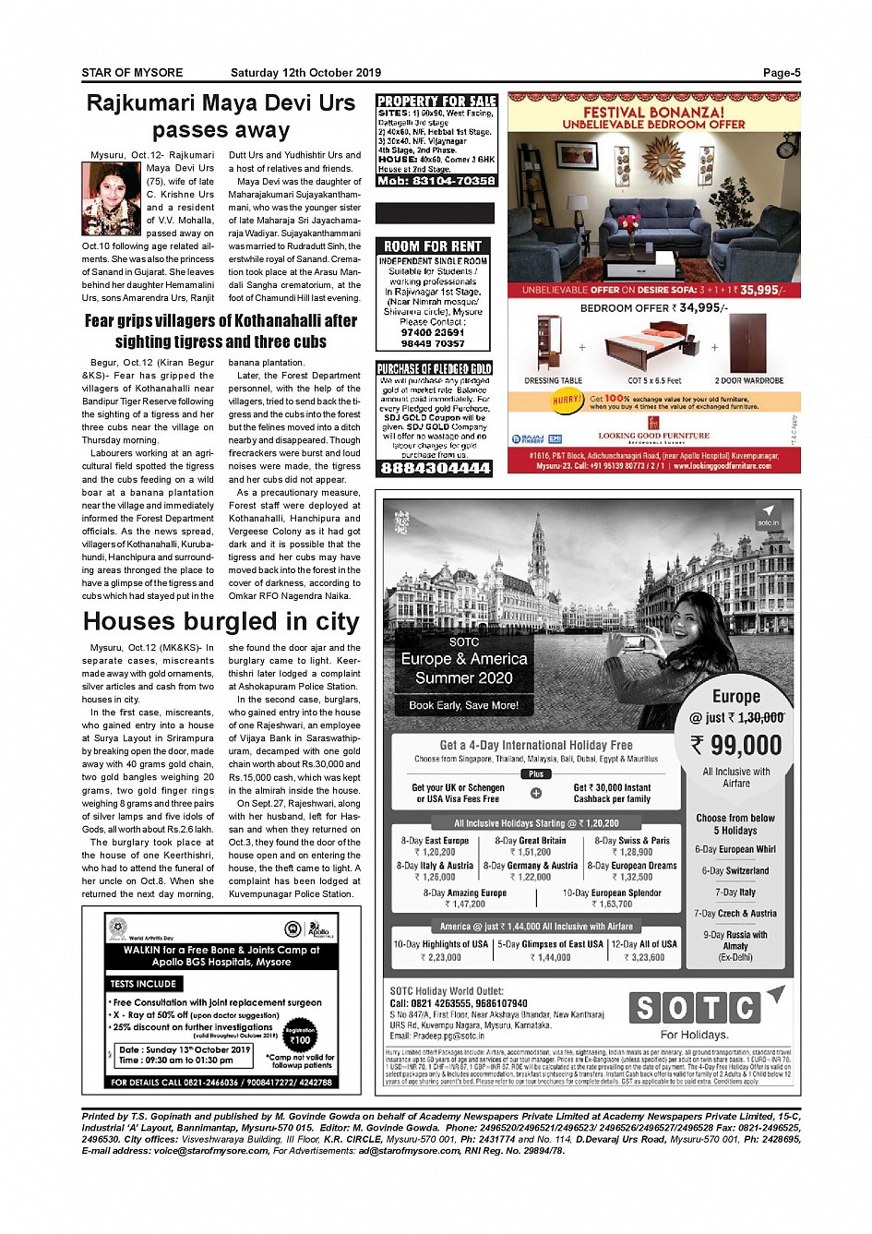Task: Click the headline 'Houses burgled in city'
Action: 221,621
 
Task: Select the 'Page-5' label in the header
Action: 781,73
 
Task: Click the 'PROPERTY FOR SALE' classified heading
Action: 436,101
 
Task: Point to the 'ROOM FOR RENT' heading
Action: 433,246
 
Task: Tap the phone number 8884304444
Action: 435,468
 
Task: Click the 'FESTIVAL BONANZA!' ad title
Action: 653,112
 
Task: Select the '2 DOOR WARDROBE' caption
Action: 748,380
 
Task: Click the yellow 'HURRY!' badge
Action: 567,401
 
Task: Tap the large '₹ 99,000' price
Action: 736,745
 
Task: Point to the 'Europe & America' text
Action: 463,659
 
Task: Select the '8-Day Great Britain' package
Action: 530,841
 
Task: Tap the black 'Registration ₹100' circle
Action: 300,1036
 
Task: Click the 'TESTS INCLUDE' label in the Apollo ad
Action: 142,984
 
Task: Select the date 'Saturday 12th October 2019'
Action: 305,73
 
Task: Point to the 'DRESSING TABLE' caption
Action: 553,380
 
